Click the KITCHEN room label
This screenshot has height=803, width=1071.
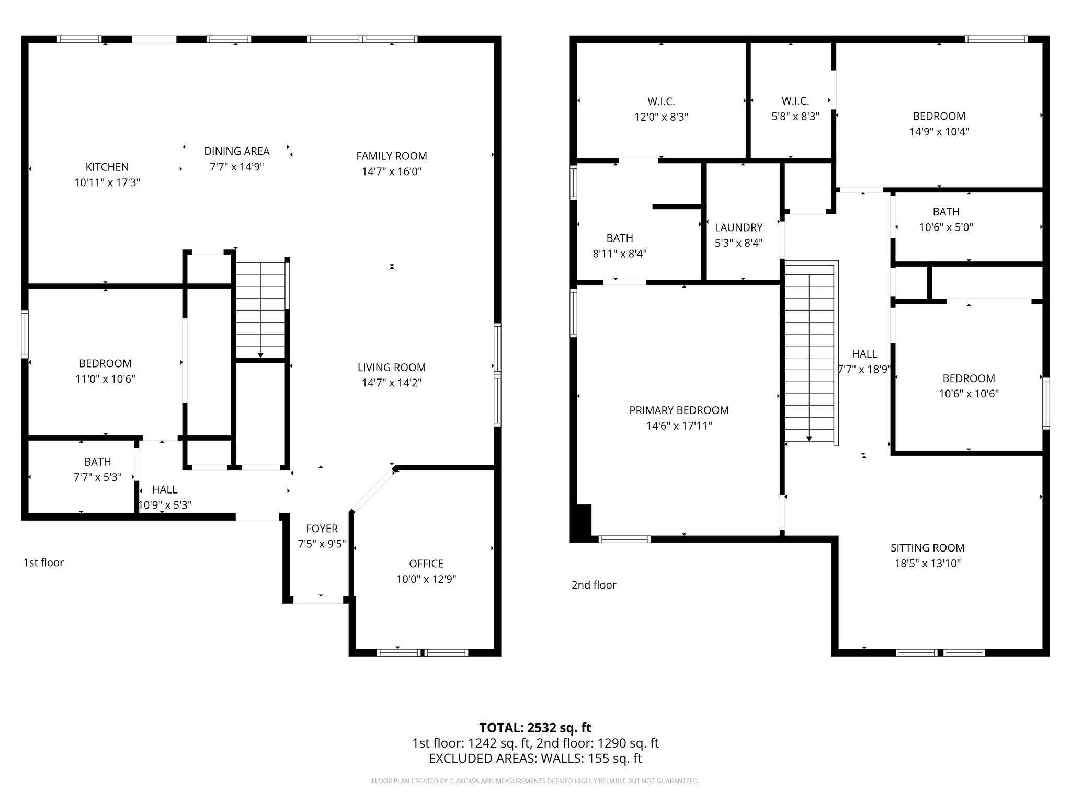pyautogui.click(x=107, y=167)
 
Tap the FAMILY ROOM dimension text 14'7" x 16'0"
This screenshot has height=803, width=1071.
pyautogui.click(x=392, y=171)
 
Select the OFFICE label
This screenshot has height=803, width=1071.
pyautogui.click(x=426, y=564)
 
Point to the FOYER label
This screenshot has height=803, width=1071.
pyautogui.click(x=322, y=529)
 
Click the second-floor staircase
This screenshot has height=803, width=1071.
pyautogui.click(x=809, y=353)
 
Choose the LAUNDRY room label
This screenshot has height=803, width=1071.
pyautogui.click(x=738, y=227)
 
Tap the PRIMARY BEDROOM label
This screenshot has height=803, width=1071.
pyautogui.click(x=679, y=410)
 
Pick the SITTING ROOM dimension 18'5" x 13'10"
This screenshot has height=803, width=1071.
pyautogui.click(x=927, y=564)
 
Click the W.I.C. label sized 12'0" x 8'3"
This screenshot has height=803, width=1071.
pyautogui.click(x=661, y=101)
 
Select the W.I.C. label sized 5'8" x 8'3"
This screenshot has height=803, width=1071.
pyautogui.click(x=795, y=101)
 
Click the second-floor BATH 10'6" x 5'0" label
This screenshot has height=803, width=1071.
pyautogui.click(x=946, y=212)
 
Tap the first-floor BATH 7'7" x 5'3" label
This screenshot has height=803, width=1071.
pyautogui.click(x=98, y=462)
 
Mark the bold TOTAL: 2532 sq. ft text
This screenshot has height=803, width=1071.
pyautogui.click(x=535, y=728)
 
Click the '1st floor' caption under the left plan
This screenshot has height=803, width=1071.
pyautogui.click(x=43, y=563)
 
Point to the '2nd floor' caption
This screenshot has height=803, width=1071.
pyautogui.click(x=594, y=585)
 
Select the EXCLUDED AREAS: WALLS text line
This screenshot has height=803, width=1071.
pyautogui.click(x=535, y=759)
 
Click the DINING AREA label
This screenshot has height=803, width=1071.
pyautogui.click(x=236, y=152)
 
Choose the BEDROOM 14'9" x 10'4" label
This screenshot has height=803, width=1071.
pyautogui.click(x=939, y=117)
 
